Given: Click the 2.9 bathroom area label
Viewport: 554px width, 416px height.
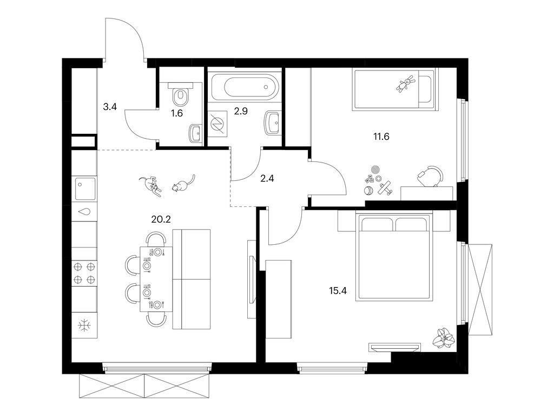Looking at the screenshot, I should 241,112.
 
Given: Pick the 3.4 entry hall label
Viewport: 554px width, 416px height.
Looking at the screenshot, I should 110,106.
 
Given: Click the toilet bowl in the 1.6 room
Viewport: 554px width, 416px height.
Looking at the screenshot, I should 180,97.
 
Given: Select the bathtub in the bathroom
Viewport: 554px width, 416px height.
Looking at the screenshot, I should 245,86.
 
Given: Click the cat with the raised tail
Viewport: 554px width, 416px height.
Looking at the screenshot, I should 182,184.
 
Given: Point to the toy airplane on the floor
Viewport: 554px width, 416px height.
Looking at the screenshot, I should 385,188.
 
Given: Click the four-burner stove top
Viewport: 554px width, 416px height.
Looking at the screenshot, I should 84,273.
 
